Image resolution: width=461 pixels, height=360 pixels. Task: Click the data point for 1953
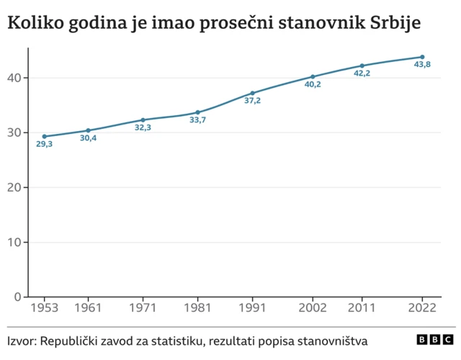coord(44,136)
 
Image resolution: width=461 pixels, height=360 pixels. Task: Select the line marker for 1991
coord(252,93)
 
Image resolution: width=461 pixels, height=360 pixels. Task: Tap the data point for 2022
coord(422,57)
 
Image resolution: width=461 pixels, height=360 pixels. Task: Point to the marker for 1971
coord(143,120)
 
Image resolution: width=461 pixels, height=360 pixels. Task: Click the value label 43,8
coord(422,65)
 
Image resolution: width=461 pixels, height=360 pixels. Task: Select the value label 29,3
coord(44,144)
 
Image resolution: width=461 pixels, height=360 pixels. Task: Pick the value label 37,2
coord(252,101)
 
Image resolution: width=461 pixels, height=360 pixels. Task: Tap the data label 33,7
coord(197,120)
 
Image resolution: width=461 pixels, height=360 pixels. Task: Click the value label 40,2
coord(313,84)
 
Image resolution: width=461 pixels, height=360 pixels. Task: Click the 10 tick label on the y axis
coord(15,242)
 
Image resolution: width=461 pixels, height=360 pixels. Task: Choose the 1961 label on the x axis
coord(88,309)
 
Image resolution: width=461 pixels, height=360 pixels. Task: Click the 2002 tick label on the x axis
coord(313,309)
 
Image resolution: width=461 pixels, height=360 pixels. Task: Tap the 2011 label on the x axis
coord(362,309)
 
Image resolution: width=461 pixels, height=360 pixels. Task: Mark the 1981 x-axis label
coord(197,309)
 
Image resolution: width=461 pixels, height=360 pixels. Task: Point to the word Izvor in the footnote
coord(21,341)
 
